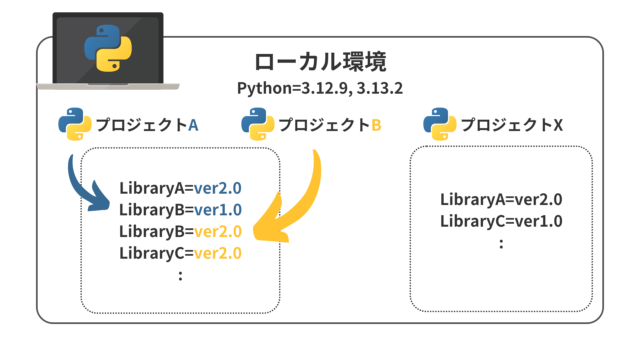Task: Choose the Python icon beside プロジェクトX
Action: tap(440, 125)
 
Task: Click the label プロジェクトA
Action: tap(147, 126)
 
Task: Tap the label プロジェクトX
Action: tap(512, 126)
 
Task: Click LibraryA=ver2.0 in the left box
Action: tap(181, 187)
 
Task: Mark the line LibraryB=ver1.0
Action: tap(181, 209)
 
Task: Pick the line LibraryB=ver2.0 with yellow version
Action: tap(181, 231)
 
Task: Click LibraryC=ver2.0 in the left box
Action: tap(181, 253)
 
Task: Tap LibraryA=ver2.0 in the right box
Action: tap(501, 198)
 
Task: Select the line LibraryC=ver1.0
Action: tap(501, 220)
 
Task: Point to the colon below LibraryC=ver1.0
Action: tap(501, 243)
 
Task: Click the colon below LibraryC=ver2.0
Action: tap(180, 275)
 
